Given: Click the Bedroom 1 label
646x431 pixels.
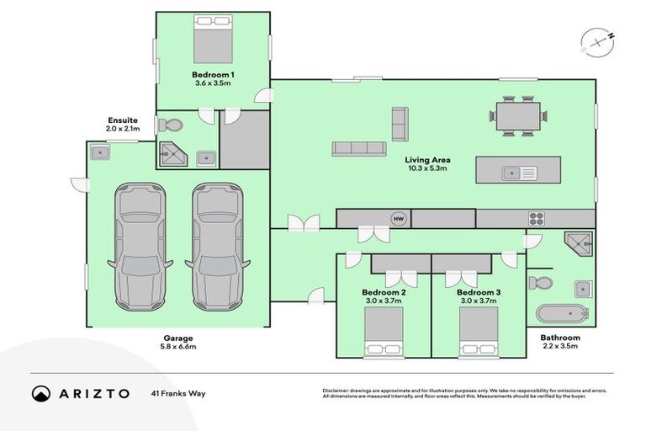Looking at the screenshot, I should [x=213, y=75].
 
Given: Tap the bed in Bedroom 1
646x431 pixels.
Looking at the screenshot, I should [x=213, y=39].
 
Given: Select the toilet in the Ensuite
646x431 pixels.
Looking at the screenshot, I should [x=171, y=125].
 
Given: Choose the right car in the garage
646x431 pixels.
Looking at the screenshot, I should [x=216, y=245].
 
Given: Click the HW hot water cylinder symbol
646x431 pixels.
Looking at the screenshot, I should [x=398, y=219].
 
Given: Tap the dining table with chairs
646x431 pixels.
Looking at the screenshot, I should [x=521, y=115].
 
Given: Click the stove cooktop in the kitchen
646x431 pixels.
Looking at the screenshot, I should [x=537, y=219].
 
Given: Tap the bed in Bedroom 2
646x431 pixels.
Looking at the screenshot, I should [x=384, y=332].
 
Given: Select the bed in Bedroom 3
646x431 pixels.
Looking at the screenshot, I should [x=479, y=332].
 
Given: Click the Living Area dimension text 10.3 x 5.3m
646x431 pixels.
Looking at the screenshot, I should [x=426, y=168].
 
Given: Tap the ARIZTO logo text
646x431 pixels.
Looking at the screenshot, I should [x=93, y=393].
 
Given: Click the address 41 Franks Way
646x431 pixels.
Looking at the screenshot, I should [x=178, y=393].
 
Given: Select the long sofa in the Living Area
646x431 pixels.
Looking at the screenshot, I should [x=358, y=149].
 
